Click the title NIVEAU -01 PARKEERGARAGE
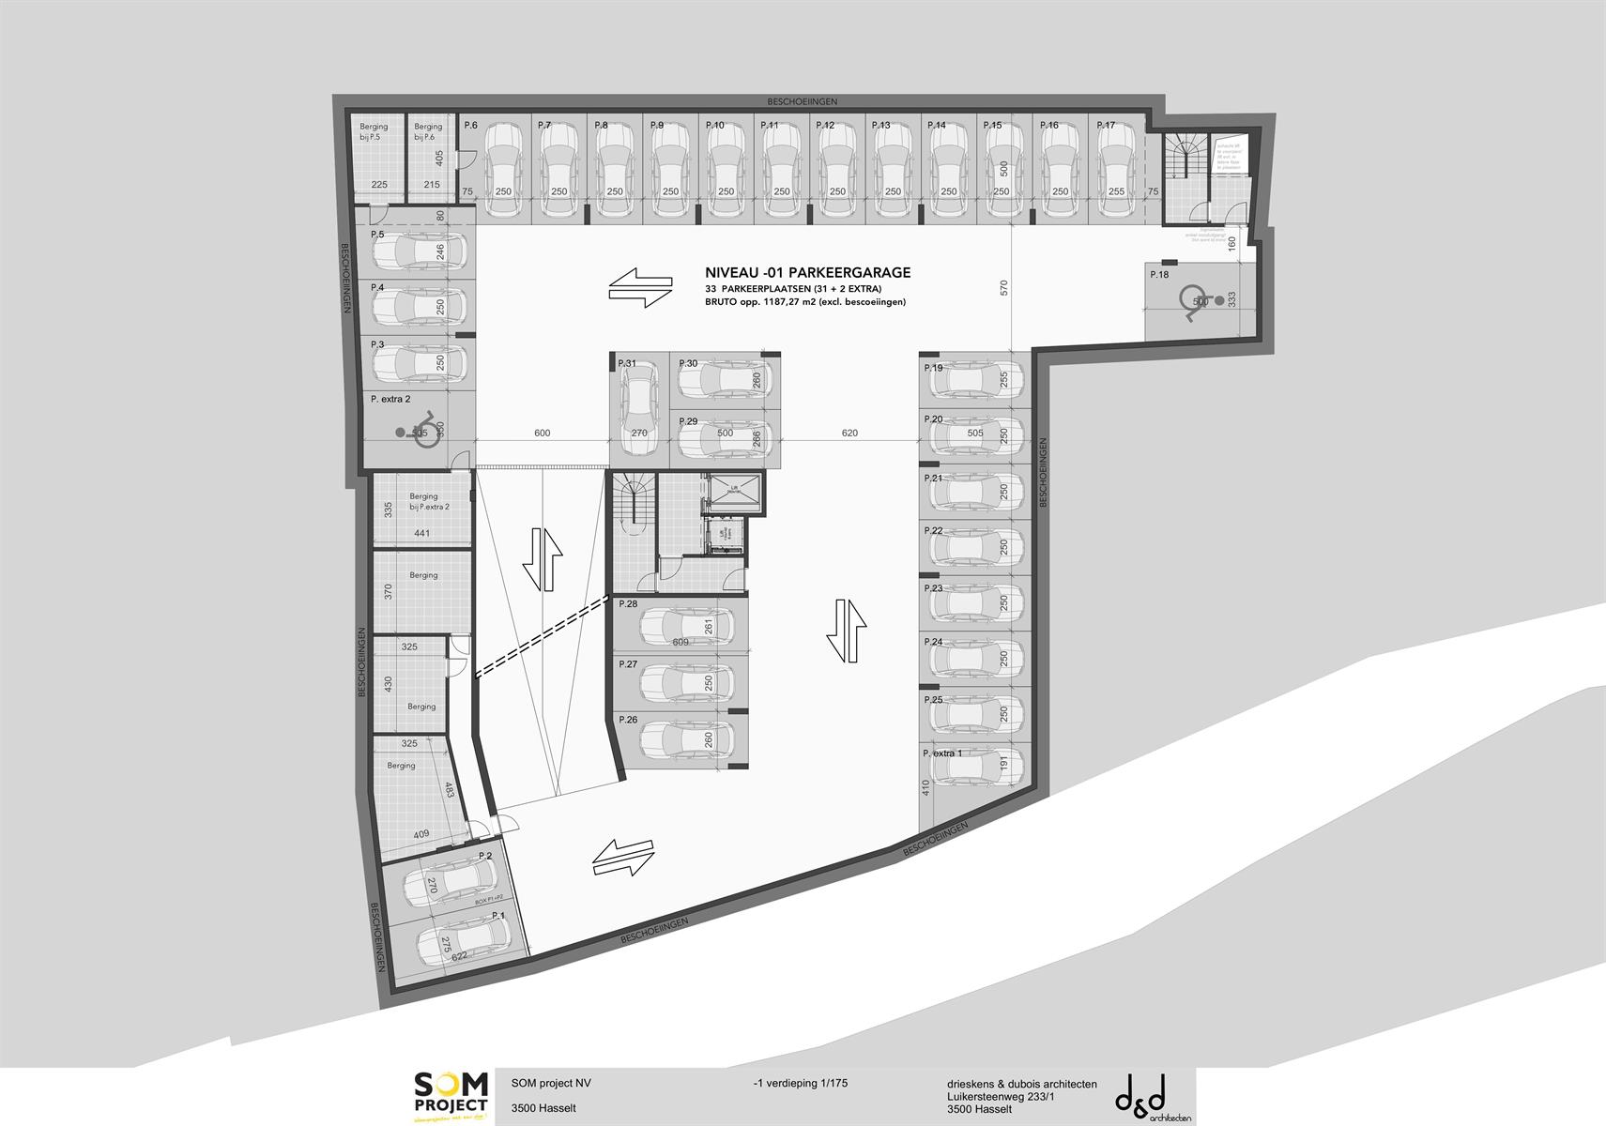tap(807, 273)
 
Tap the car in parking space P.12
tap(836, 159)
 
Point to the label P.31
tap(626, 363)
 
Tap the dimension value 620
tap(849, 434)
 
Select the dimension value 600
tap(542, 434)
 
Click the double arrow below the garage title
tap(640, 289)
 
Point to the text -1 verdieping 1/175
tap(800, 1083)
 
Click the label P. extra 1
tap(942, 753)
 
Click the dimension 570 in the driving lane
tap(1004, 287)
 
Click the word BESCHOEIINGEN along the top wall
tap(802, 101)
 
